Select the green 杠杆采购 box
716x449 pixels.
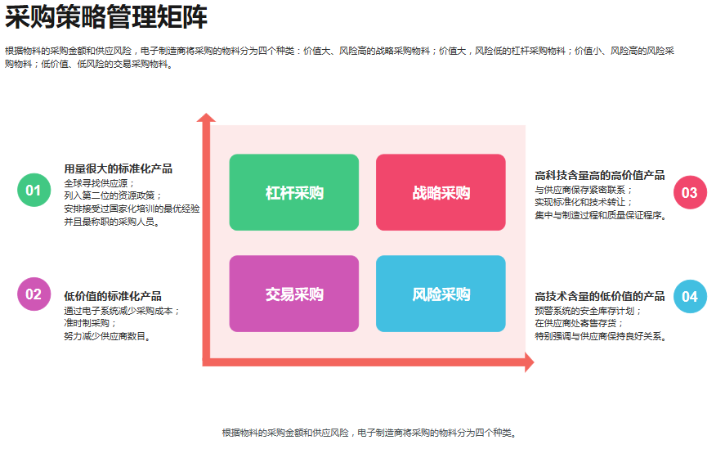tap(294, 192)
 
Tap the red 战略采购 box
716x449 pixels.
tap(441, 192)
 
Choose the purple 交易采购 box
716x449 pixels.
tap(294, 294)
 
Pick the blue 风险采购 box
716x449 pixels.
tap(441, 294)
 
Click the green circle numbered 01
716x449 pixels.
tap(33, 191)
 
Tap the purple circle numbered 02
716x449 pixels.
tap(33, 294)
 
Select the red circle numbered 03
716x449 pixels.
tap(690, 193)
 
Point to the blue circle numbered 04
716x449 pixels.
tap(690, 296)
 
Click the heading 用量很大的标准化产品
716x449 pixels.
tap(119, 168)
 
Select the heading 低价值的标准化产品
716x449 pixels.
tap(113, 296)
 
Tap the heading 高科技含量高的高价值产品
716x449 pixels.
tap(599, 175)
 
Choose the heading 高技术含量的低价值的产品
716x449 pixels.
tap(599, 296)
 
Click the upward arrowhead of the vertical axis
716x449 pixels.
tap(206, 119)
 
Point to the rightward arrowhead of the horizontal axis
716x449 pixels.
tap(529, 362)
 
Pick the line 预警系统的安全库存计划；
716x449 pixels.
tap(588, 310)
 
